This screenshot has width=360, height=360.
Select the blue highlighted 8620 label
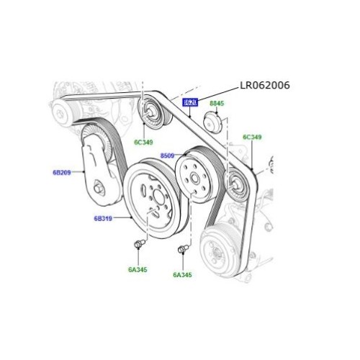[x=190, y=103]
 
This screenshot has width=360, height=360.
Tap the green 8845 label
[x=217, y=104]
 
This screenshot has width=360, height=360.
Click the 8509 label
[x=167, y=155]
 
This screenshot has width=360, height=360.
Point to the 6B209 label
[x=62, y=173]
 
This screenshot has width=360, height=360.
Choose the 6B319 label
[x=104, y=217]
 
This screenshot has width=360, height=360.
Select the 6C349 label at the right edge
[x=252, y=137]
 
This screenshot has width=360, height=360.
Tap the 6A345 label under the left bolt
[x=138, y=270]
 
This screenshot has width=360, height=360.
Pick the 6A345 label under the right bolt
[x=183, y=274]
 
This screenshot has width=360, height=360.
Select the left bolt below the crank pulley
[x=137, y=247]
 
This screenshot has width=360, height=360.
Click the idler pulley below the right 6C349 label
[x=234, y=187]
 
